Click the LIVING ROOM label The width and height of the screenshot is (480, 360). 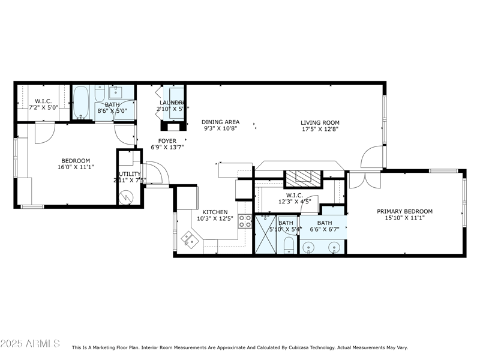tap(320, 122)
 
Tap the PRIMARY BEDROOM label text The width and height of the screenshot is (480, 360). tap(404, 211)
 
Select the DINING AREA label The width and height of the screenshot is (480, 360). tap(220, 122)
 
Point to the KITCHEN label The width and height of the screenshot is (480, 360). tap(214, 212)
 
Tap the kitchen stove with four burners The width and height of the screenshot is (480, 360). tap(245, 221)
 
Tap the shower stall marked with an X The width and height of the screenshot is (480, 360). tap(265, 235)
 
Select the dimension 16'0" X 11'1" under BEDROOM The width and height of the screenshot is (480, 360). tap(76, 167)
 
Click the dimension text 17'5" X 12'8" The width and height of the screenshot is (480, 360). tap(320, 129)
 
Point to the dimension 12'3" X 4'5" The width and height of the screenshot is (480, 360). tap(294, 202)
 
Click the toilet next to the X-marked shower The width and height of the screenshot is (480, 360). tap(287, 245)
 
